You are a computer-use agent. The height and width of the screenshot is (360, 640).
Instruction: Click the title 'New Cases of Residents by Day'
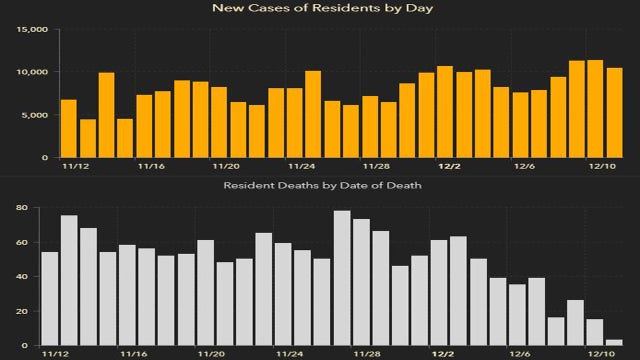point(319,9)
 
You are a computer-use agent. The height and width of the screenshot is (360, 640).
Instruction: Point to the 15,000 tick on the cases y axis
point(32,30)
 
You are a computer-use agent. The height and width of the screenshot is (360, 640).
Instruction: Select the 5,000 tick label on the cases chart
point(35,115)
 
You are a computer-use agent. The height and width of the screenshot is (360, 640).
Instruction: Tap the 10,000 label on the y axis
point(32,73)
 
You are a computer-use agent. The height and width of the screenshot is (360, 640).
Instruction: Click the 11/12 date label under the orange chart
point(73,169)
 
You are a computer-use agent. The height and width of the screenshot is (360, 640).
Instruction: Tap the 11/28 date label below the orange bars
point(375,169)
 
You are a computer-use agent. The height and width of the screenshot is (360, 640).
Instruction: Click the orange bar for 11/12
point(68,129)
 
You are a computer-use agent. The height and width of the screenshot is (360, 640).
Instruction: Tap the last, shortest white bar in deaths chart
point(614,343)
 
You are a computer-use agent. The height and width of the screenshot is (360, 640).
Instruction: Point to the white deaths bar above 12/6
point(517,315)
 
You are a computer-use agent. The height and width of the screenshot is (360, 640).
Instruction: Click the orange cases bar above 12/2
point(445,112)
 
